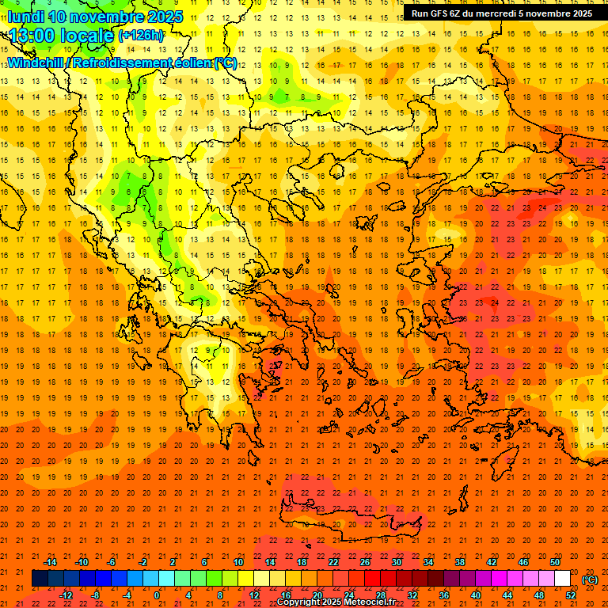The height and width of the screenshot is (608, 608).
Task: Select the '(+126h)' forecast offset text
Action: pyautogui.click(x=141, y=35)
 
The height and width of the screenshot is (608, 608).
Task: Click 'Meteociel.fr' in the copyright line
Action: pyautogui.click(x=370, y=602)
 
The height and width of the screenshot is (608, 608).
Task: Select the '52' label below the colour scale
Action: pyautogui.click(x=571, y=595)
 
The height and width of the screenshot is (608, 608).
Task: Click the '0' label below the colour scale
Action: pyautogui.click(x=157, y=595)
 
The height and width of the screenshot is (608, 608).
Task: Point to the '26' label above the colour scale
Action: pyautogui.click(x=365, y=562)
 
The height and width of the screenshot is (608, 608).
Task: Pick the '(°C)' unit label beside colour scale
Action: pyautogui.click(x=590, y=579)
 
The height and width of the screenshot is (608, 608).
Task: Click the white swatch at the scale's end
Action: pyautogui.click(x=562, y=579)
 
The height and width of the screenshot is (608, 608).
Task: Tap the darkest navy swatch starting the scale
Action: pyautogui.click(x=40, y=579)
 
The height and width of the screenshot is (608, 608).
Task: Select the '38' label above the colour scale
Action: pyautogui.click(x=460, y=562)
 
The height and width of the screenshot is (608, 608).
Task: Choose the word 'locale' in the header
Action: pyautogui.click(x=90, y=35)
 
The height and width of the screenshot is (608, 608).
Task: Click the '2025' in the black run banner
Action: pyautogui.click(x=577, y=13)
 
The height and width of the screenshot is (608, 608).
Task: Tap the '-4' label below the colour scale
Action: pyautogui.click(x=125, y=595)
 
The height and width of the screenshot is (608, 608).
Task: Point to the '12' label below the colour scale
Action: pyautogui.click(x=254, y=595)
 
